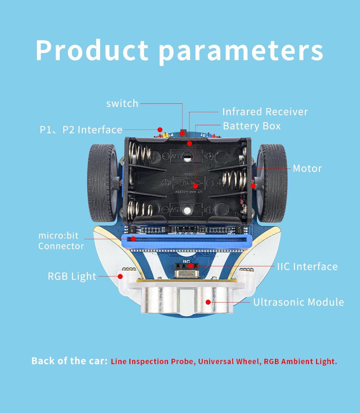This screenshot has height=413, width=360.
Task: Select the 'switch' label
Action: tap(122, 103)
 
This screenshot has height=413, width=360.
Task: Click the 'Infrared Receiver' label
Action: tap(265, 112)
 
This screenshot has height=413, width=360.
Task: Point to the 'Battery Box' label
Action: tap(252, 126)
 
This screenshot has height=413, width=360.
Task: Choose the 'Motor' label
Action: tap(307, 169)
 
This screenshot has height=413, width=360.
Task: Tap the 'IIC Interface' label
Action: tap(307, 267)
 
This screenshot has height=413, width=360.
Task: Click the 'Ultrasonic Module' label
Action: tap(299, 302)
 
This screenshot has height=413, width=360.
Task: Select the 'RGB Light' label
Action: tap(72, 276)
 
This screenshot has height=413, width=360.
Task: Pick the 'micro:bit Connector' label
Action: tap(61, 241)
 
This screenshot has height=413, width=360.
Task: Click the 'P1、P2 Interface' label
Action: tap(81, 130)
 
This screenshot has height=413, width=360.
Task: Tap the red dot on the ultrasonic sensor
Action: tap(208, 302)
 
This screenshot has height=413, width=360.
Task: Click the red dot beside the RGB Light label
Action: tap(120, 276)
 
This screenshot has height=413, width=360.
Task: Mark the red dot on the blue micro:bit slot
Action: tap(133, 239)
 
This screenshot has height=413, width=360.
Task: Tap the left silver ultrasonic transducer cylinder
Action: tap(160, 299)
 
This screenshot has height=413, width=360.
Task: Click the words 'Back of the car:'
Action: tap(70, 361)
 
